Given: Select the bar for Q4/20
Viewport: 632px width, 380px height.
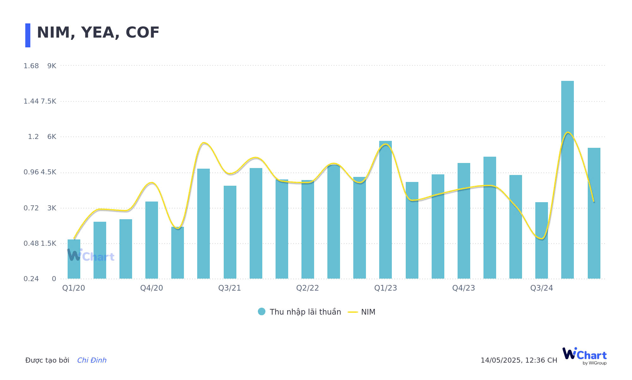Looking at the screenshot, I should tap(152, 240).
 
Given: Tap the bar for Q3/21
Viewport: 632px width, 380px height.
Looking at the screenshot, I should tap(230, 232).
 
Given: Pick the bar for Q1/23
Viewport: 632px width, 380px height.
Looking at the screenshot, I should tap(386, 210).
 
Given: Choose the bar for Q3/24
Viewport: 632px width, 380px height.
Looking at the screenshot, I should tap(542, 240).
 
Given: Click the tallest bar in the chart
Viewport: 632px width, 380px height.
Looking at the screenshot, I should tap(568, 180).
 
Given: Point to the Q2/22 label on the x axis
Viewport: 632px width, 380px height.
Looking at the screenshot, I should tap(307, 288).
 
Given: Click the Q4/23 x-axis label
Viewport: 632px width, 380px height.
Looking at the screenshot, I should tap(464, 288).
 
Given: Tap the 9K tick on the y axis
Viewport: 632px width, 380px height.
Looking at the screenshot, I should tap(52, 66).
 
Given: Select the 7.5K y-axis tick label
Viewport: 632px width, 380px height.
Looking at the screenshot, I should tap(49, 101).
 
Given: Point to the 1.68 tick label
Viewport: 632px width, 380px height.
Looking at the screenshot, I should tap(31, 66).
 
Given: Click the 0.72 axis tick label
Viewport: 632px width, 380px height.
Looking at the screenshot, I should tap(31, 208).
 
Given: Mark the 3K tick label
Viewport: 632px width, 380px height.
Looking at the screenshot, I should tap(52, 208).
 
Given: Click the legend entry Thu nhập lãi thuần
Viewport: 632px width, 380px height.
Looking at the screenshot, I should tap(300, 312).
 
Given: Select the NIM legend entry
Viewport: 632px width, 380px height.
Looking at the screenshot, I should tap(362, 312).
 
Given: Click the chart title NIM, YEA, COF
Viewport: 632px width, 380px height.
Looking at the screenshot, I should tap(98, 33).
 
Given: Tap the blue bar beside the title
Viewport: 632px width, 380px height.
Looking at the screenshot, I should tap(28, 35).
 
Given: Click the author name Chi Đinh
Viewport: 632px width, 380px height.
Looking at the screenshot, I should tap(92, 360).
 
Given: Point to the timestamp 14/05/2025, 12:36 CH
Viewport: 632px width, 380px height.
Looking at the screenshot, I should tap(519, 360).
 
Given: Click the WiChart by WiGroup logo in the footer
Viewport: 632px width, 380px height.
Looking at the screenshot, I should tap(585, 356).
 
